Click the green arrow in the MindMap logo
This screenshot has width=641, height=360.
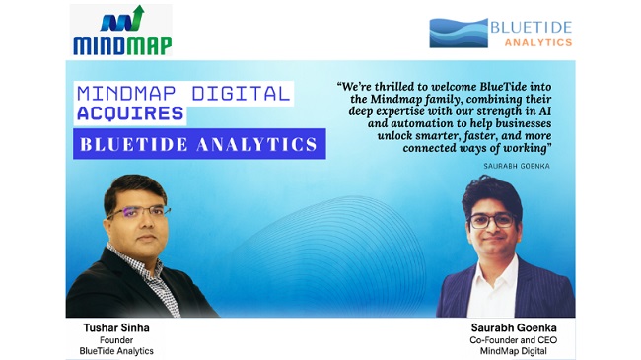coord(137,17)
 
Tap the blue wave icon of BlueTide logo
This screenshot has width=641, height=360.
coord(459,33)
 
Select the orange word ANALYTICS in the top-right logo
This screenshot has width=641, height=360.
coord(538,42)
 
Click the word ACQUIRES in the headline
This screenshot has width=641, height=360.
coord(130,113)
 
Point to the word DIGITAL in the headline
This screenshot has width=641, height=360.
coord(242,94)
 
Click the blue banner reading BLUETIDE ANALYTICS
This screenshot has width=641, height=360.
coord(199,144)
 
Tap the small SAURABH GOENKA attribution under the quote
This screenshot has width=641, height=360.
coord(517,166)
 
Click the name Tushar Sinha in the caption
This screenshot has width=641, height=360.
coord(116,327)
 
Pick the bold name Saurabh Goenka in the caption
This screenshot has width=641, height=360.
coord(514,327)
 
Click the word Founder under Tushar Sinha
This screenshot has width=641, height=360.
coord(116,340)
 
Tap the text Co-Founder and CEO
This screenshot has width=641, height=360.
coord(514,340)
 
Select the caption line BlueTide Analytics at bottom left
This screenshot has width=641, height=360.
coord(116,351)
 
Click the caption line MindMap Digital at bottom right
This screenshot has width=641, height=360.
coord(514,351)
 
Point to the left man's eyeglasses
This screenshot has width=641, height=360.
coord(139,212)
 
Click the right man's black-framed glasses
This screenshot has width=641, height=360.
coord(492,221)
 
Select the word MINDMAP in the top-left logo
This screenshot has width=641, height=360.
coord(122,45)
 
